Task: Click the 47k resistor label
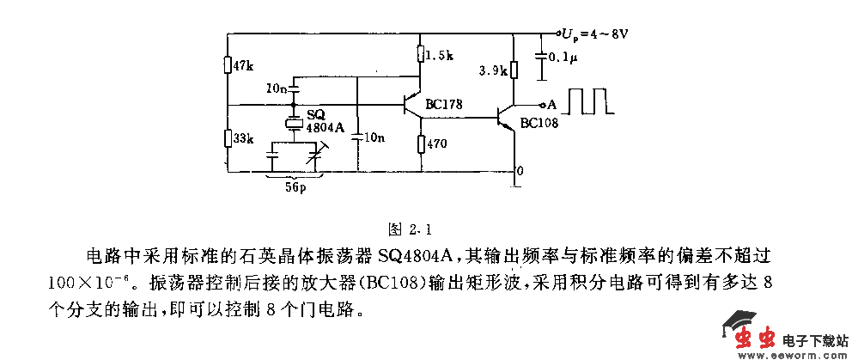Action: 244,67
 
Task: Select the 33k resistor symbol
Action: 228,137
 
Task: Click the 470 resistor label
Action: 437,144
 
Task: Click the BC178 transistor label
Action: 444,105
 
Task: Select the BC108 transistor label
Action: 539,123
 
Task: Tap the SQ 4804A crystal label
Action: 325,122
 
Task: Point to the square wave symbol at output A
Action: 593,100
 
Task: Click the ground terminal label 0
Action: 519,172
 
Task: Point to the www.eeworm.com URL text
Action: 776,353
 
